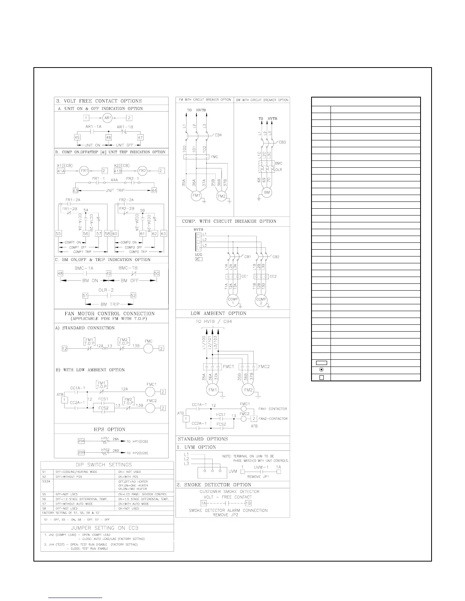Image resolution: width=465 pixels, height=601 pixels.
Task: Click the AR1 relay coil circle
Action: click(x=108, y=118)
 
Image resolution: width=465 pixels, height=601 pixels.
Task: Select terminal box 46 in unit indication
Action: click(x=109, y=137)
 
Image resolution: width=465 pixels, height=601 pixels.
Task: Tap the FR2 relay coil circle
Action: click(x=142, y=171)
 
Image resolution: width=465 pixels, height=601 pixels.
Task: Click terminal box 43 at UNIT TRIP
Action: click(x=75, y=190)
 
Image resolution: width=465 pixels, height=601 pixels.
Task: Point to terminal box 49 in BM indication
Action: click(x=109, y=274)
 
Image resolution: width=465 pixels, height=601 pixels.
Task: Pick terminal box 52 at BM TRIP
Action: click(x=133, y=296)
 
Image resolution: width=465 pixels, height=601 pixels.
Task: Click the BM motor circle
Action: click(x=267, y=192)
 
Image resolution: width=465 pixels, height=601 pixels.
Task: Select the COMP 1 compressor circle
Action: click(x=232, y=301)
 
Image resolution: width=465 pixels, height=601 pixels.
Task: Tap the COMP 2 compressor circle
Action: click(x=261, y=301)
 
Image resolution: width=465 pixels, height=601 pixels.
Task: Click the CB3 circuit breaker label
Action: click(x=282, y=142)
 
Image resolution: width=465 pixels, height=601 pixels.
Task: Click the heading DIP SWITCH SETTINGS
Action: click(x=107, y=465)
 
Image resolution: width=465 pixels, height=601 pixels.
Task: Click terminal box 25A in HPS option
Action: click(x=81, y=441)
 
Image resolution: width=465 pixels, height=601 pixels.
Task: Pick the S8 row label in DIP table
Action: click(x=44, y=508)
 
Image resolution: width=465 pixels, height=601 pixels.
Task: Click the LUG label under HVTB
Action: click(x=198, y=255)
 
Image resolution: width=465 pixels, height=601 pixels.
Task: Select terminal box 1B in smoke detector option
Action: click(x=248, y=503)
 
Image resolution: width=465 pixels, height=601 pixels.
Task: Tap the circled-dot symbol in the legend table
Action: click(x=321, y=370)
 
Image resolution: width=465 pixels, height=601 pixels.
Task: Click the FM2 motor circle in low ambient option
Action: click(x=248, y=390)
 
